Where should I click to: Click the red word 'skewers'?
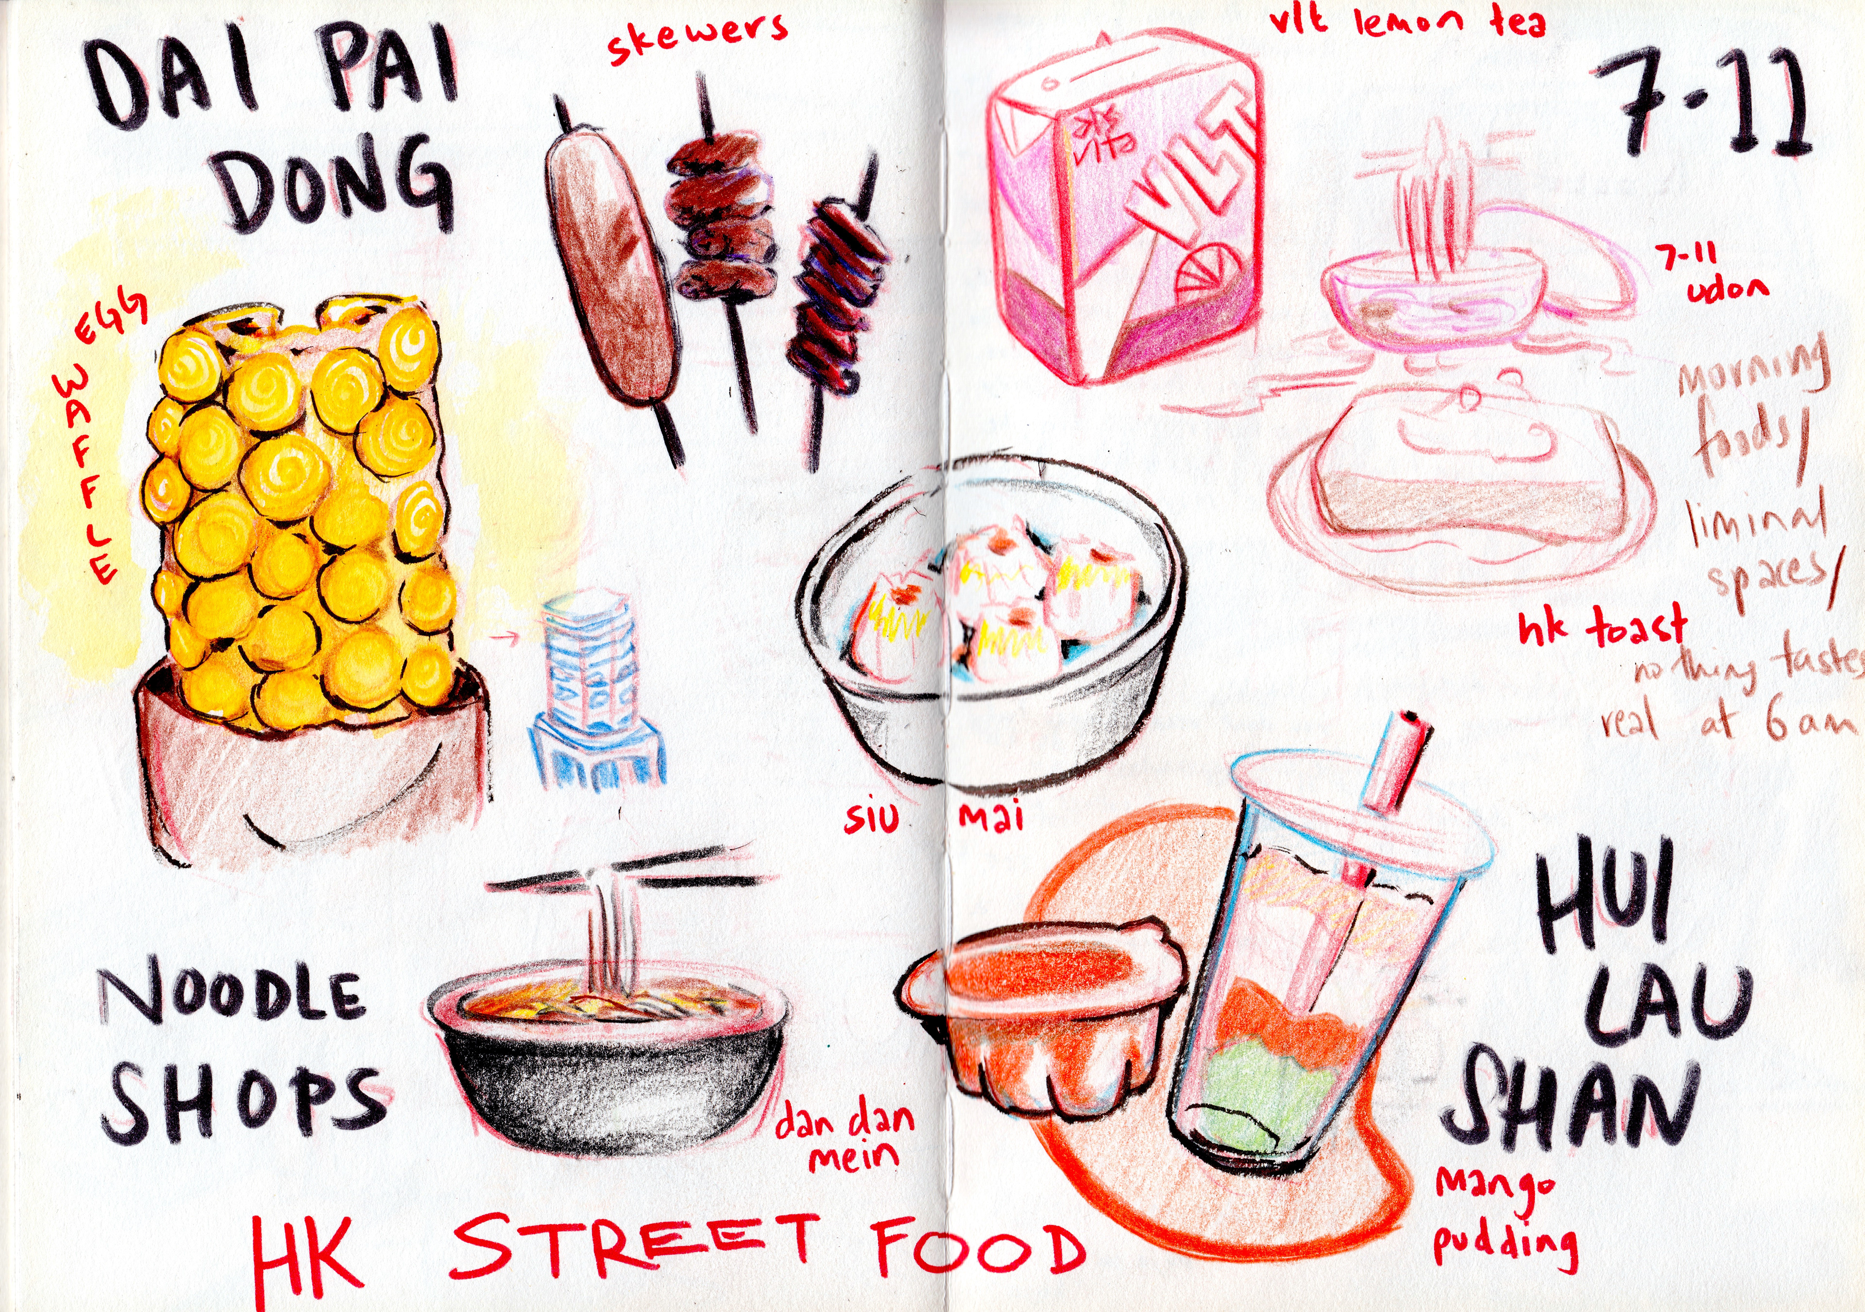(697, 38)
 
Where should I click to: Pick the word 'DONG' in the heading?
(337, 185)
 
